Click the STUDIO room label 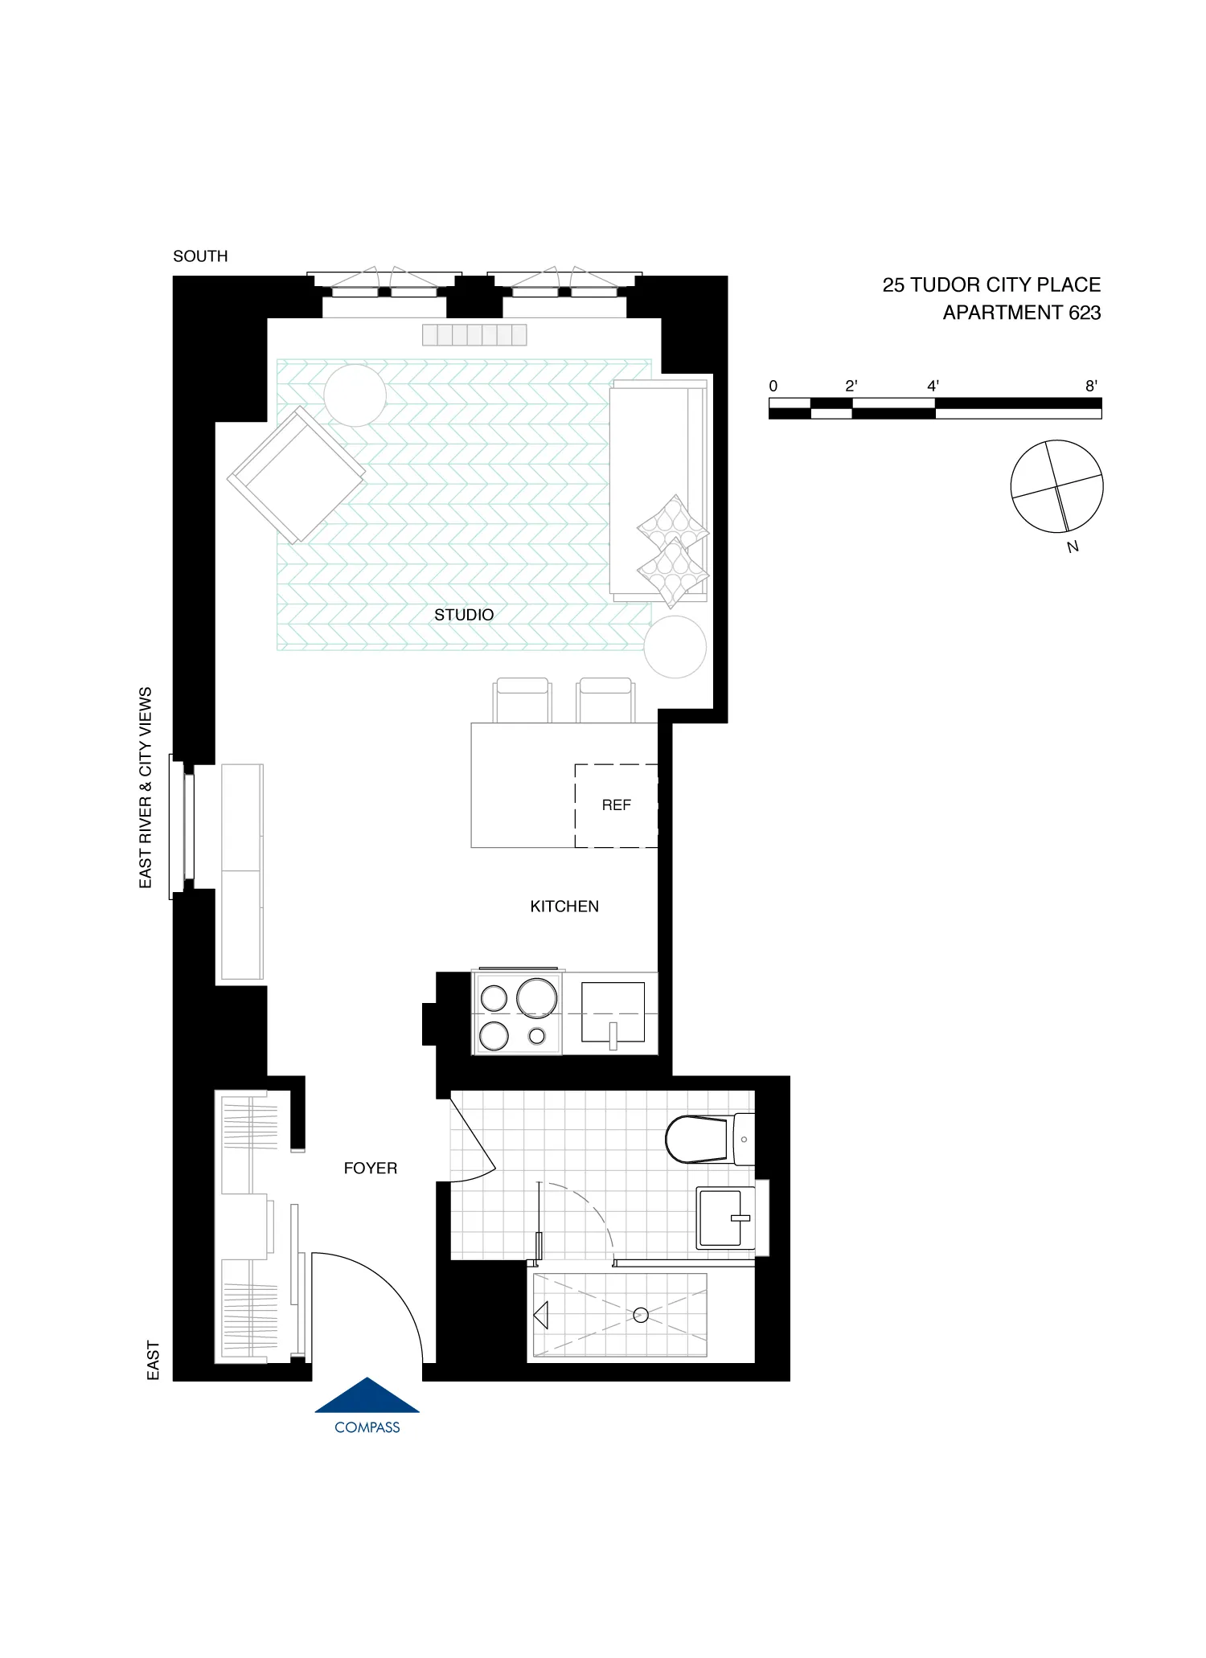point(464,615)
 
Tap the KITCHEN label point(564,907)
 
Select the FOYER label point(370,1169)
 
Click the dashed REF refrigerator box point(616,805)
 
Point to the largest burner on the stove point(536,997)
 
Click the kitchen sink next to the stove point(613,1011)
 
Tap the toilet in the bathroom point(698,1139)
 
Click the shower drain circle point(641,1316)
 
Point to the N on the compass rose point(1073,547)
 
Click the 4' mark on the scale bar point(933,386)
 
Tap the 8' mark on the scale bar point(1091,386)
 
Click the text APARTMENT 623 point(1021,313)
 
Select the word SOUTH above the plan point(200,256)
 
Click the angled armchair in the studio point(296,475)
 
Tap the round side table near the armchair point(355,395)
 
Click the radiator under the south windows point(474,334)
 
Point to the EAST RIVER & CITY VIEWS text point(146,788)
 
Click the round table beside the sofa point(675,646)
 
